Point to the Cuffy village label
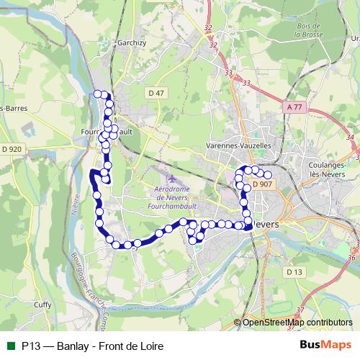42,305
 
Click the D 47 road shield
156,93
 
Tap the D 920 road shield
12,148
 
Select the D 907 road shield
262,184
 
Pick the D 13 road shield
293,271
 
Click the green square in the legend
10,346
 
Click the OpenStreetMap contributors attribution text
297,323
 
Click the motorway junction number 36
351,256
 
